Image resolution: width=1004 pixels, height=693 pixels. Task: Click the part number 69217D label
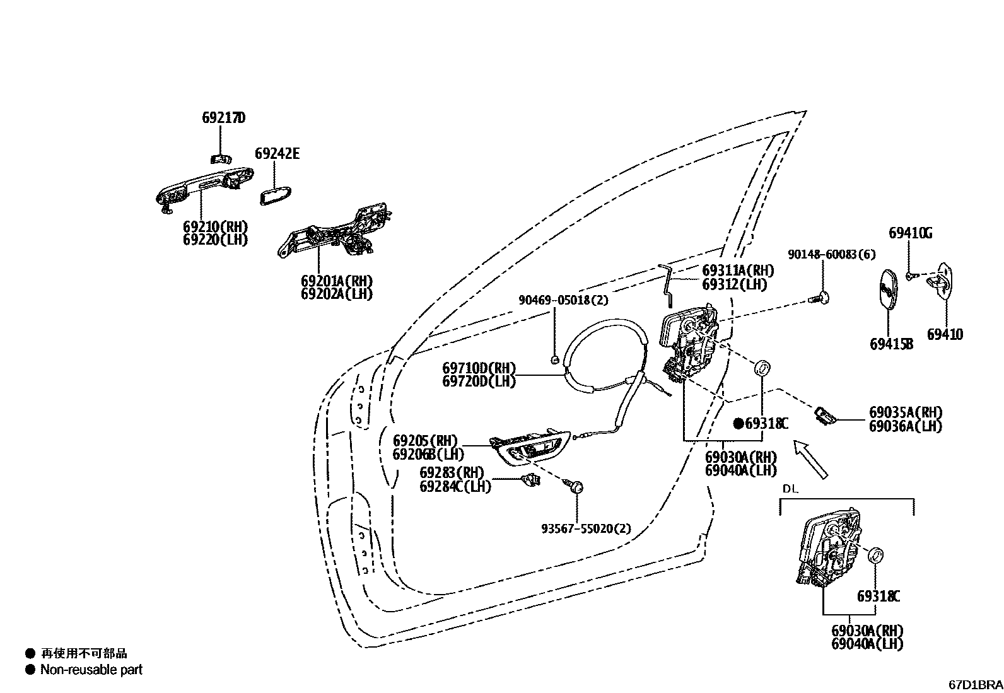point(223,118)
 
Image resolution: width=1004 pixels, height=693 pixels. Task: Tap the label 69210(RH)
point(216,227)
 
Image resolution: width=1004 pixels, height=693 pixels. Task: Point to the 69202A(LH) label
point(336,294)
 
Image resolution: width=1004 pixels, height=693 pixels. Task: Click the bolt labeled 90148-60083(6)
point(822,296)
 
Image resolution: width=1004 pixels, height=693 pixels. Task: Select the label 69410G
point(910,233)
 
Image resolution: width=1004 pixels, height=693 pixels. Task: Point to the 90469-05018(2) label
point(563,300)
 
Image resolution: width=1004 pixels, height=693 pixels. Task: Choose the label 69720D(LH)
point(479,381)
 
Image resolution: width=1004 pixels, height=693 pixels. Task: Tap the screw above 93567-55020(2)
point(576,486)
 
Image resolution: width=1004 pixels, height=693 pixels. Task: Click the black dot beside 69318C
point(738,424)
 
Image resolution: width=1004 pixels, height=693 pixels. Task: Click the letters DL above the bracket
point(790,489)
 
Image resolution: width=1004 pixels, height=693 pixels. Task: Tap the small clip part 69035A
point(826,416)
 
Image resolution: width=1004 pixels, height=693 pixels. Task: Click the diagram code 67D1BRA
point(976,684)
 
